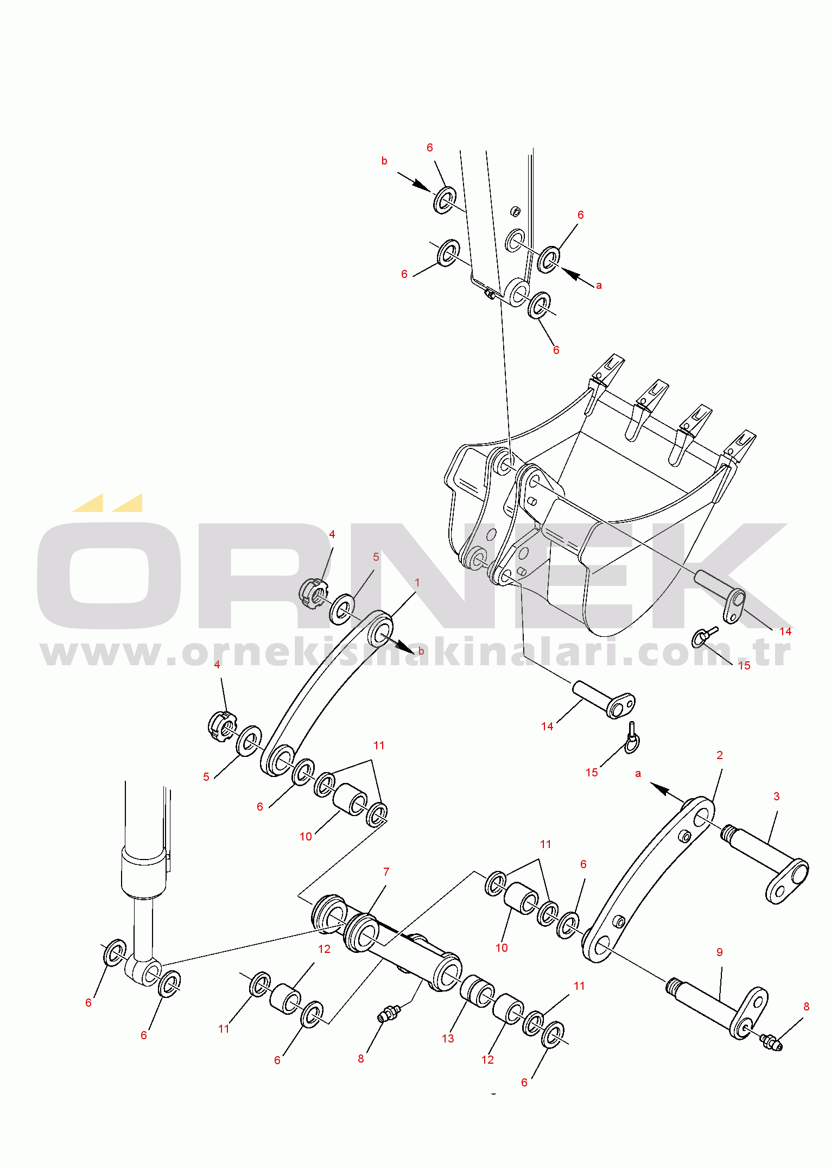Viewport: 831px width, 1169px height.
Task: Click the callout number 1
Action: pos(417,583)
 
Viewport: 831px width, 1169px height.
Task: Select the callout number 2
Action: pos(720,755)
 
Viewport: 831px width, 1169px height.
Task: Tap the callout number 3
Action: pos(776,797)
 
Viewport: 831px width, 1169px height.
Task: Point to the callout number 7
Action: pos(386,872)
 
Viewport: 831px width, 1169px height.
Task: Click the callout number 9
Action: pos(720,952)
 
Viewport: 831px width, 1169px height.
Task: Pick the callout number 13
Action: pos(448,1039)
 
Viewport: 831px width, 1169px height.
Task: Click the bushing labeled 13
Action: pos(477,991)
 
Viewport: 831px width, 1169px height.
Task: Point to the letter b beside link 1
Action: pos(421,652)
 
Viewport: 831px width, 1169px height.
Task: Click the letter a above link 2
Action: pos(638,774)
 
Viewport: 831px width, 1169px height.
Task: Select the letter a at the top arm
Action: pos(599,286)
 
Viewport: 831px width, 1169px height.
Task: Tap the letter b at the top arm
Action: pos(384,161)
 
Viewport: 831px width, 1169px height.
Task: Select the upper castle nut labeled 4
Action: pos(314,594)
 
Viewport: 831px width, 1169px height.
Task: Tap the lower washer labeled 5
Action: pos(249,741)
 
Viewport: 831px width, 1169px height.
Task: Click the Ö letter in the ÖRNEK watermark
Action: pos(109,565)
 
